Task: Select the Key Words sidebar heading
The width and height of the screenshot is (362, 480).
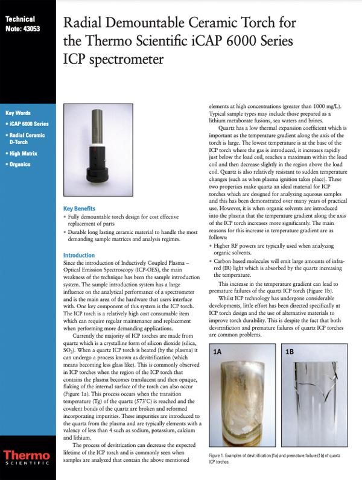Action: (18, 113)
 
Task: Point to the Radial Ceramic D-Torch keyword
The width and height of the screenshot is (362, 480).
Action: (27, 138)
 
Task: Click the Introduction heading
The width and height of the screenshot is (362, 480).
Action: (79, 255)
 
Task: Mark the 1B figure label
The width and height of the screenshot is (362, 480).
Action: (289, 350)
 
